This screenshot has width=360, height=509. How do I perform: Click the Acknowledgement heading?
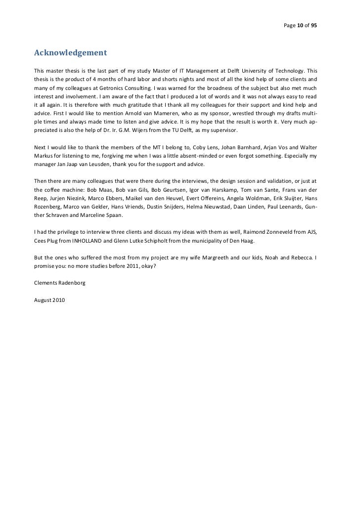tap(70, 52)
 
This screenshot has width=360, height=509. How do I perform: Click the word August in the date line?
tap(43, 300)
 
